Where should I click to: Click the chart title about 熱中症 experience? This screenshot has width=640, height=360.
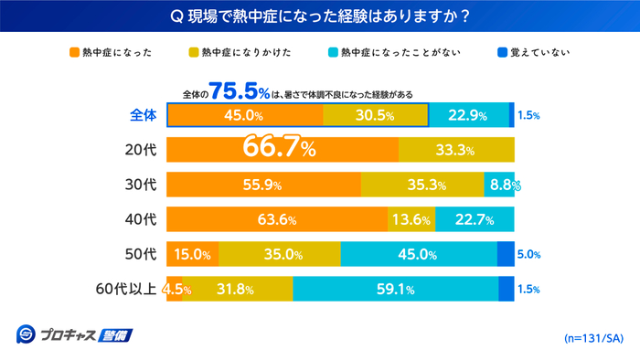320,16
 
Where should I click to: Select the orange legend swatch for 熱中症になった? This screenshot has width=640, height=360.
73,52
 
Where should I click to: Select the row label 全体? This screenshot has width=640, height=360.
142,115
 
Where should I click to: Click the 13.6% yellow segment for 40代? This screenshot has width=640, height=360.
411,219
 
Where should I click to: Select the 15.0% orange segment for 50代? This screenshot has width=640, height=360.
192,254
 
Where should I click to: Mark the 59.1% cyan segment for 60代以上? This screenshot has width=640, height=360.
395,289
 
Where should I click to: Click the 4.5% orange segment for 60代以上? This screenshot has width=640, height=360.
174,289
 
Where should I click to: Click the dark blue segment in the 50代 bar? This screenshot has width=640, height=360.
506,254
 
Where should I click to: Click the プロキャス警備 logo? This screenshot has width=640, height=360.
75,334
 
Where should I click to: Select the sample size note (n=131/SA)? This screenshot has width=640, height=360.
592,338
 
